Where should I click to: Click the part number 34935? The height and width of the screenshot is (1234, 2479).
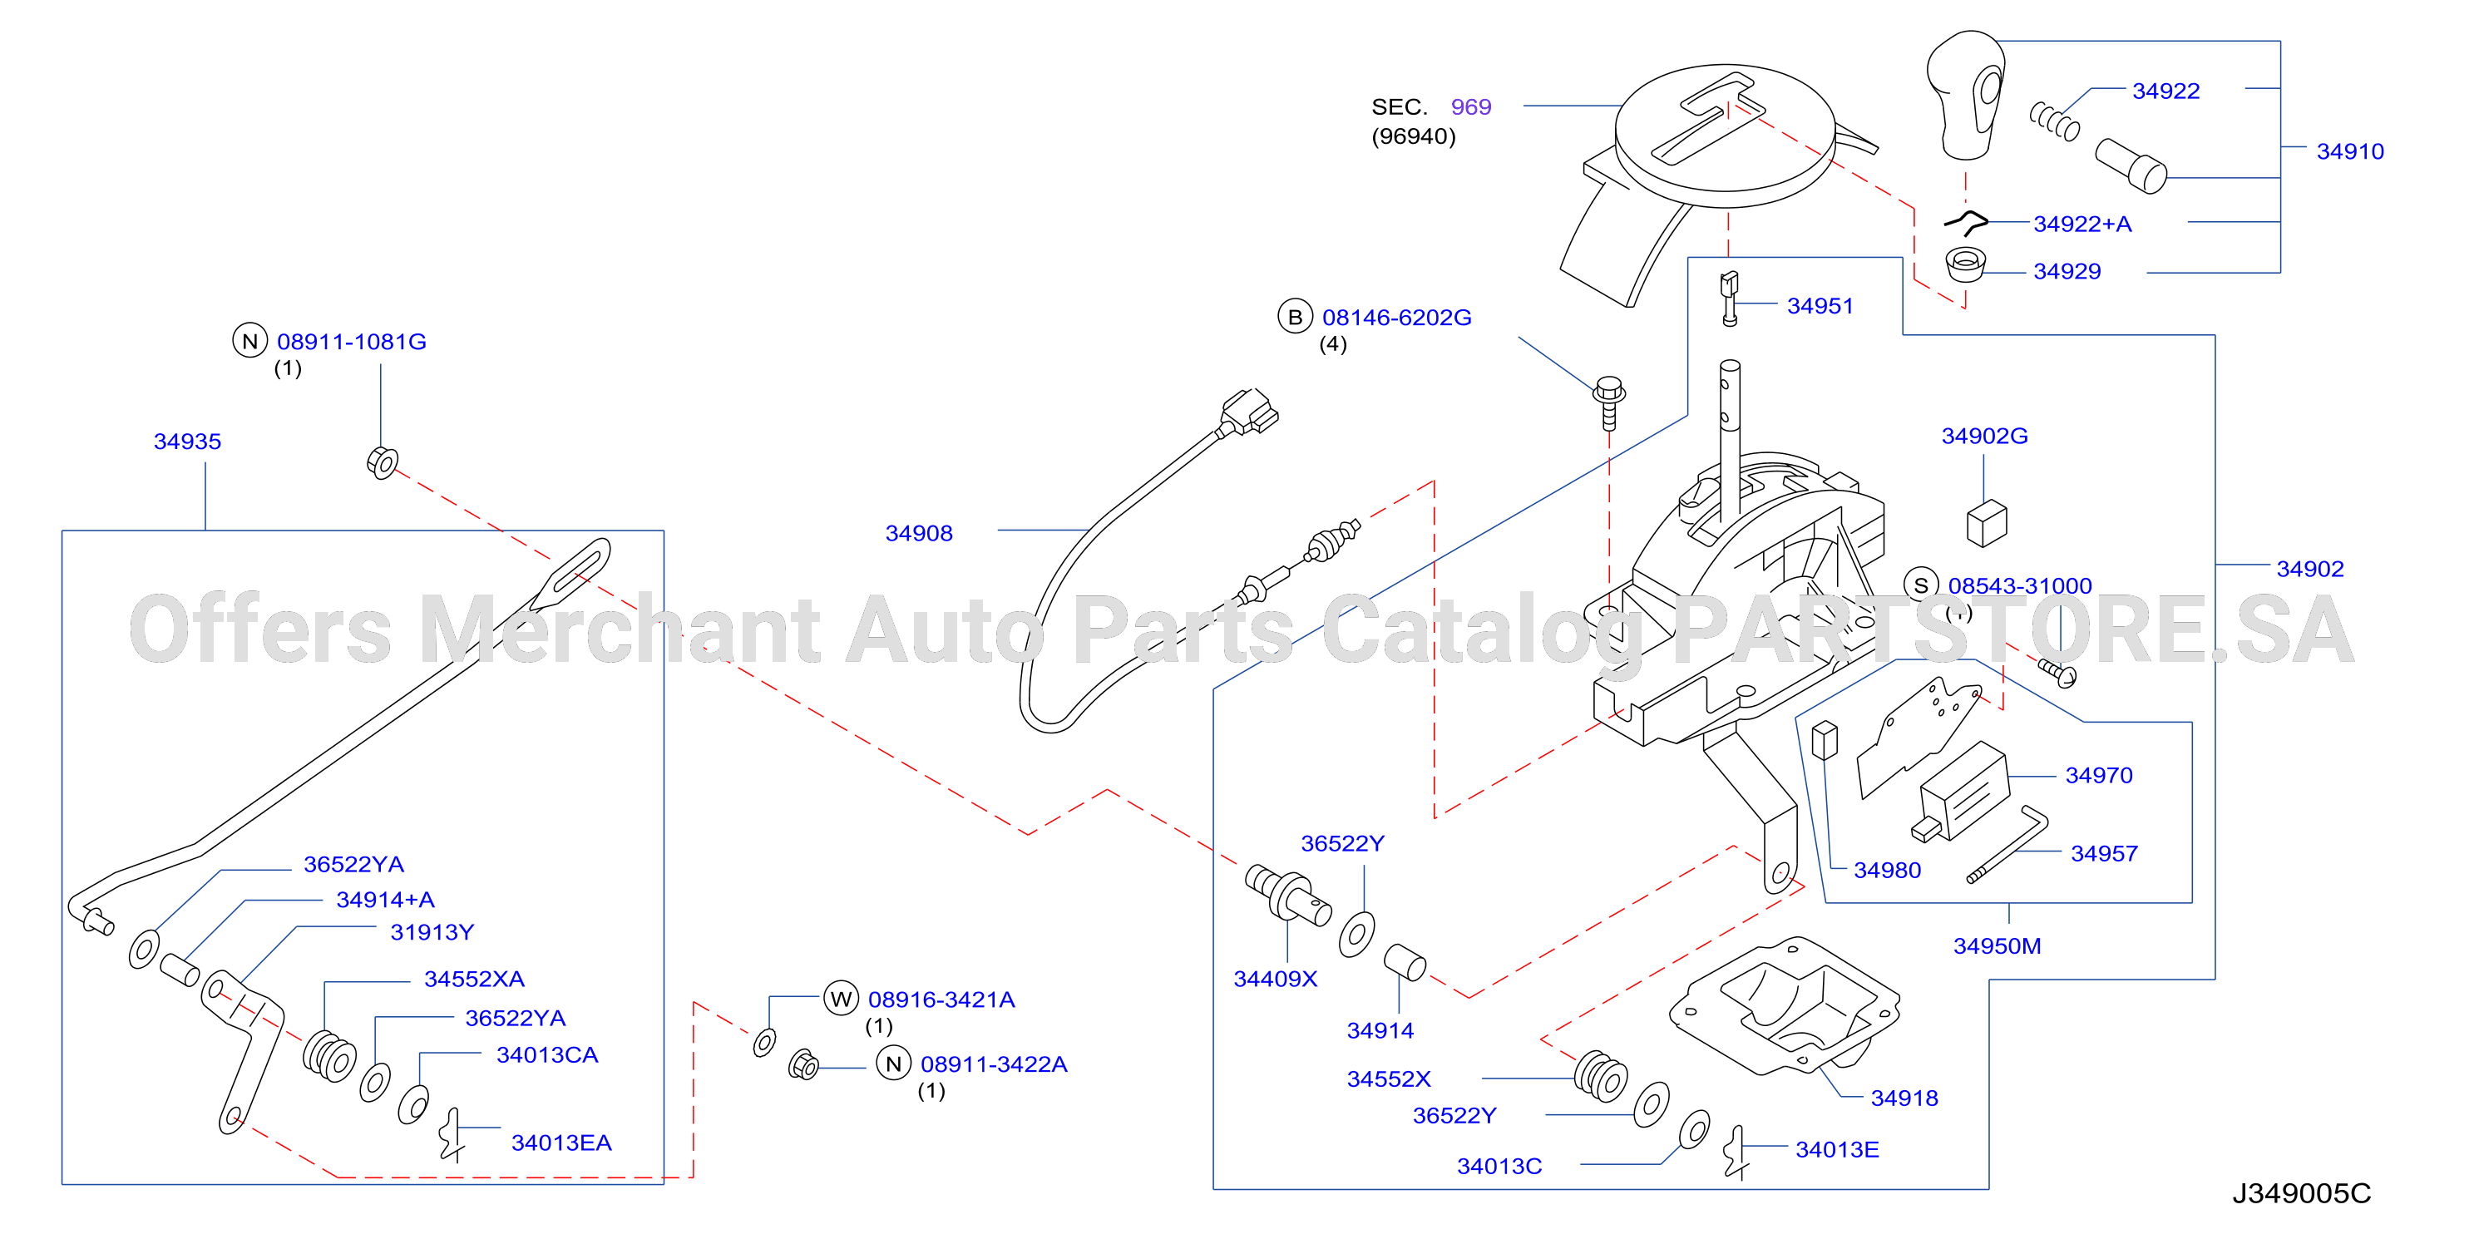(188, 442)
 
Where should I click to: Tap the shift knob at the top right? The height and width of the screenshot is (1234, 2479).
(1966, 96)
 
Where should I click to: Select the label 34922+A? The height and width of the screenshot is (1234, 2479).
(2082, 225)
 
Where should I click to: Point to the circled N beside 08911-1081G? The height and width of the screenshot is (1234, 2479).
(250, 341)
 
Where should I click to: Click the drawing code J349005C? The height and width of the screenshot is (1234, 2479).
(2302, 1193)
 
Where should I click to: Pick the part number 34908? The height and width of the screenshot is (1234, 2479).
(919, 533)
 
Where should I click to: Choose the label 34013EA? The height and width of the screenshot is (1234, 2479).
(561, 1143)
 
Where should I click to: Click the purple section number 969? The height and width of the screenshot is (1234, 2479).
(1470, 106)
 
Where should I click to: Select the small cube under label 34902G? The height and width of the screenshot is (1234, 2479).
(1988, 523)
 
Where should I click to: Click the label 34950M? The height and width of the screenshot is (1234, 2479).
(1997, 946)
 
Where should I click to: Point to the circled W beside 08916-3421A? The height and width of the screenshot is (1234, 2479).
(841, 1000)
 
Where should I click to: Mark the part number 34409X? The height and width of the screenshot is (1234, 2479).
(1275, 979)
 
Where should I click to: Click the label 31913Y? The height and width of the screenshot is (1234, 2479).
(432, 933)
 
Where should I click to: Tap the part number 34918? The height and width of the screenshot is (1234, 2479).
(1904, 1098)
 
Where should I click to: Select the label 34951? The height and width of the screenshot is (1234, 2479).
(1820, 306)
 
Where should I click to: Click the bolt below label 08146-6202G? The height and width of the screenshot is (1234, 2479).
(1609, 402)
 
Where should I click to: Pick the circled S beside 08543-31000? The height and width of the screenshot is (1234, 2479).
(1921, 585)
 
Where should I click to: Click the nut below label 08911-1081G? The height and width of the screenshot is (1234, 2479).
(382, 463)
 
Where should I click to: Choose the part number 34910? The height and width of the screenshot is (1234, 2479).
(2350, 151)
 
